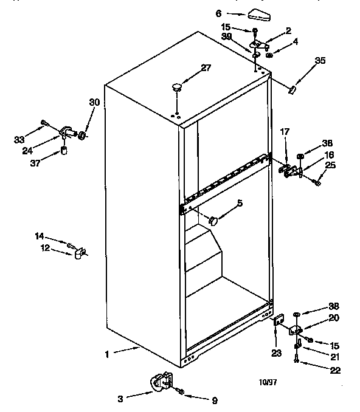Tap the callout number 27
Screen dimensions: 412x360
(206, 67)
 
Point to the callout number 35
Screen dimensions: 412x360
(320, 60)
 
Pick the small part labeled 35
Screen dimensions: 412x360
(292, 89)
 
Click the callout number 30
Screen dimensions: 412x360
(94, 102)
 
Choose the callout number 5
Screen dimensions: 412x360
(240, 203)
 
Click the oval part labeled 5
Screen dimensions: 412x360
(213, 221)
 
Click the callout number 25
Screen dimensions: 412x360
(330, 165)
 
